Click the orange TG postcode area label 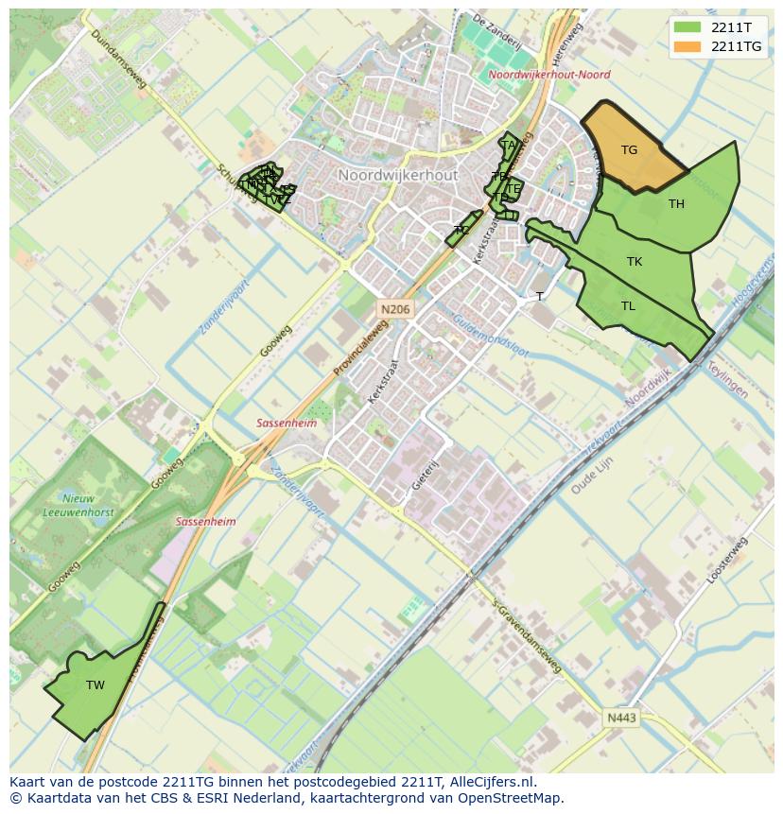pyautogui.click(x=629, y=150)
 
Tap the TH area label pyautogui.click(x=676, y=204)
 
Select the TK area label pyautogui.click(x=635, y=262)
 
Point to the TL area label pyautogui.click(x=628, y=306)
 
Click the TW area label pyautogui.click(x=96, y=685)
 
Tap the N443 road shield pyautogui.click(x=621, y=719)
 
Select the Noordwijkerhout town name pyautogui.click(x=397, y=176)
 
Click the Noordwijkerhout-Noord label pyautogui.click(x=549, y=75)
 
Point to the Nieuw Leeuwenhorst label pyautogui.click(x=65, y=505)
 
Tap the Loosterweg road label pyautogui.click(x=726, y=560)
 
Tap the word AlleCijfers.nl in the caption pyautogui.click(x=492, y=782)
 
